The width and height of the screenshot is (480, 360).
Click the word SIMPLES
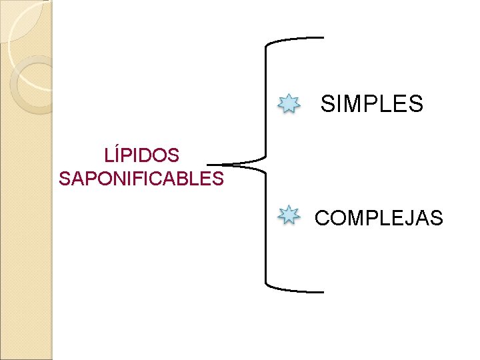tap(372, 104)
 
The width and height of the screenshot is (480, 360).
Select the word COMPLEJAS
tap(379, 218)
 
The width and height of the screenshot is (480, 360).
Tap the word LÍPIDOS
tap(141, 155)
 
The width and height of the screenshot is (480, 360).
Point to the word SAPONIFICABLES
tap(141, 179)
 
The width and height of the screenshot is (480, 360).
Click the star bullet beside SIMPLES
tap(289, 103)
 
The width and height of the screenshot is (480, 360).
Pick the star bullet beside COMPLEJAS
tap(289, 215)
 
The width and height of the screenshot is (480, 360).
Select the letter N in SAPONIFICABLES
tap(117, 179)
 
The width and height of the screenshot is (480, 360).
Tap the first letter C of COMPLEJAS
tap(321, 218)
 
